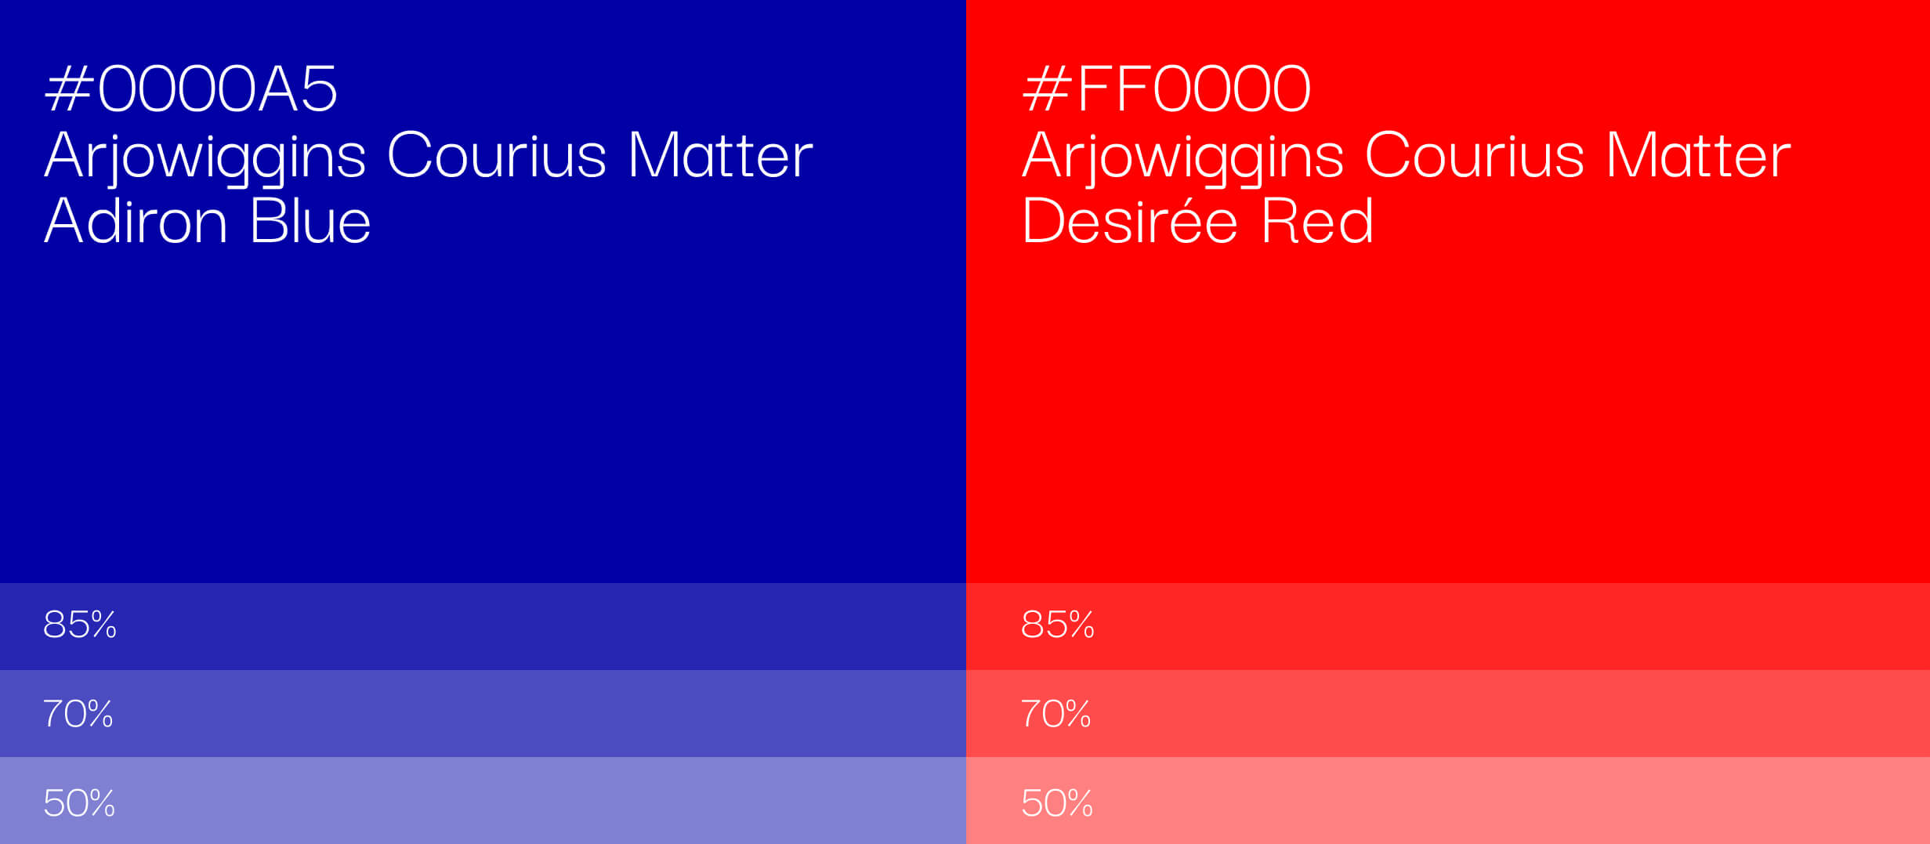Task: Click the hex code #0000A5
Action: coord(191,89)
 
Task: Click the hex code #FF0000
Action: coord(1167,89)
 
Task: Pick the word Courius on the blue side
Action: coord(497,154)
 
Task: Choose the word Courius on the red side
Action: coord(1475,154)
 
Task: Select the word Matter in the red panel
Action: coord(1699,154)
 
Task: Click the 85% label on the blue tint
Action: coord(80,625)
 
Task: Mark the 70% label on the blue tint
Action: coord(78,714)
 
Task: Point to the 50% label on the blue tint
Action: coord(79,803)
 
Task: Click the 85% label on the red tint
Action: coord(1058,625)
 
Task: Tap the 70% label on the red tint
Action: coord(1056,714)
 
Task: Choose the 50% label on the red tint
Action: coord(1057,803)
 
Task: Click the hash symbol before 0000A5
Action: coord(69,89)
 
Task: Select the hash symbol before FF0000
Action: coord(1047,89)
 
